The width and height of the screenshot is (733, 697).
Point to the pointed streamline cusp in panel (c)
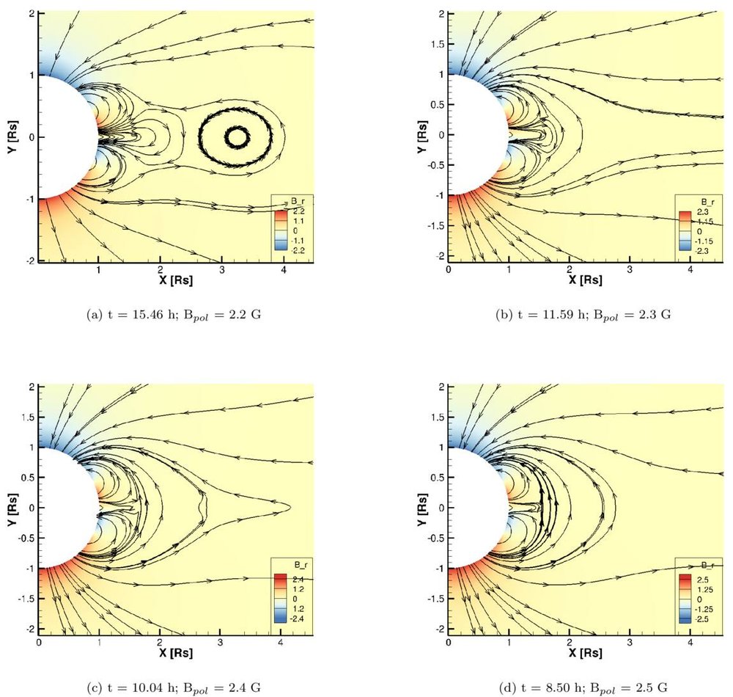point(290,507)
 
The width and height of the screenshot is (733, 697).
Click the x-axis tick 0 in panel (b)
point(449,269)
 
